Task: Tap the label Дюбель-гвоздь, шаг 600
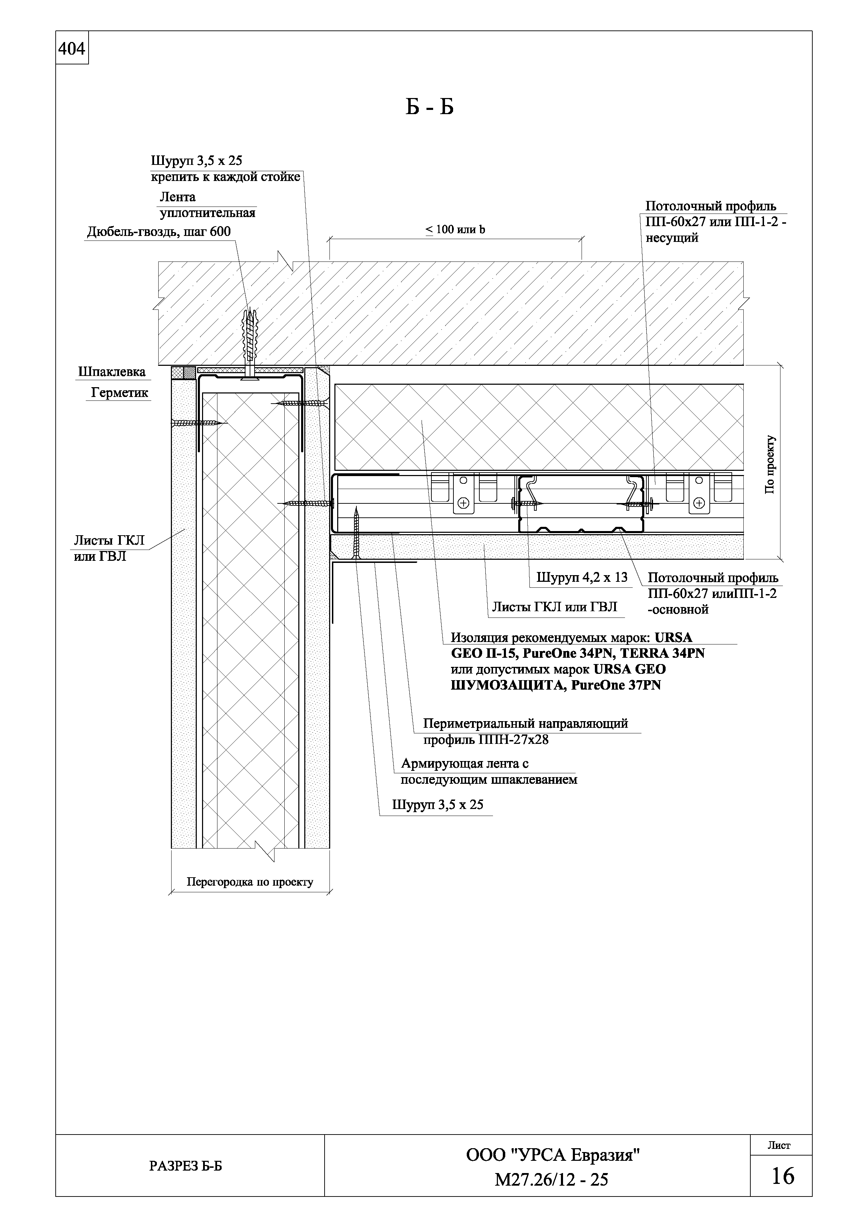pyautogui.click(x=159, y=232)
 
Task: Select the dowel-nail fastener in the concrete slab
pyautogui.click(x=249, y=342)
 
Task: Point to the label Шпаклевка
pyautogui.click(x=112, y=372)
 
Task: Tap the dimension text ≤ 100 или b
pyautogui.click(x=455, y=230)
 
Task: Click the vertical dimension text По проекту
pyautogui.click(x=770, y=464)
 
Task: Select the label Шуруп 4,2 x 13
pyautogui.click(x=582, y=578)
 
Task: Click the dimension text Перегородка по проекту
pyautogui.click(x=250, y=882)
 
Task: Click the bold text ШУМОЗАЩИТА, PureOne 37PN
pyautogui.click(x=556, y=685)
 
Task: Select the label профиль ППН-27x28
pyautogui.click(x=486, y=740)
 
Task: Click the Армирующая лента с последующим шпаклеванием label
pyautogui.click(x=488, y=771)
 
